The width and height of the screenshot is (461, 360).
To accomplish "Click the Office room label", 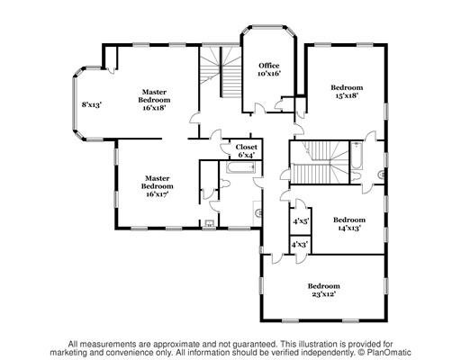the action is tap(269, 66).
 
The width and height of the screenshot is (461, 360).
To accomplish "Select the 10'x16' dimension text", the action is tap(269, 73).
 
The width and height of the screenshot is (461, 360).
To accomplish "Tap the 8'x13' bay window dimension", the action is tap(92, 104).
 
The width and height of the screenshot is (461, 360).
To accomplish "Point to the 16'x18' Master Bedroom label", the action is tap(154, 100).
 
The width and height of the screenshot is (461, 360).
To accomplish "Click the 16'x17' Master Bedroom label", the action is tap(158, 186).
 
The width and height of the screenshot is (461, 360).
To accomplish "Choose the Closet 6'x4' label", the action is tap(247, 151).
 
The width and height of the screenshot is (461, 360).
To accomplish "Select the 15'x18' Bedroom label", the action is tap(347, 92).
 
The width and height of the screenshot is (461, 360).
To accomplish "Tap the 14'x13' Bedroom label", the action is tap(349, 224).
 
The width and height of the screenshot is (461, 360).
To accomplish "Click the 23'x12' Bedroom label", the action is tap(324, 290).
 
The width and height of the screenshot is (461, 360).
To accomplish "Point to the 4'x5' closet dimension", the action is tap(301, 221).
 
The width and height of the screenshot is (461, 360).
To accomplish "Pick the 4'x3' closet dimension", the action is tap(300, 245).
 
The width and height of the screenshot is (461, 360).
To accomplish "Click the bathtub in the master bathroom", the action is tap(241, 167).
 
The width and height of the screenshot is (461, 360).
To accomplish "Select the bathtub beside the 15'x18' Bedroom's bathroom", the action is tap(357, 156).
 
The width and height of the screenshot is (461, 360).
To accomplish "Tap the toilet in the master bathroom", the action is tap(225, 184).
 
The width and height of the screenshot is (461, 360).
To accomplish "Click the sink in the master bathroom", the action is tap(258, 213).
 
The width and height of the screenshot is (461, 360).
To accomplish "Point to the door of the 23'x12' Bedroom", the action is tap(278, 259).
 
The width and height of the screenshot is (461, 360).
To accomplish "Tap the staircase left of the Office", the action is tap(221, 71).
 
